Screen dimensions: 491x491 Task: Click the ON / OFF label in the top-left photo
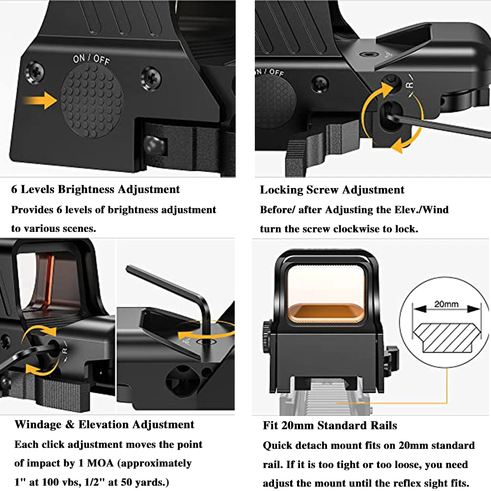coord(91,59)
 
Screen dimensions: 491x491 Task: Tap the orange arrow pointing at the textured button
coord(40,101)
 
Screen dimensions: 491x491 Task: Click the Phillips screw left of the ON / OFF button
coord(34,73)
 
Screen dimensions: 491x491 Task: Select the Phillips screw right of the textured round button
coord(151,79)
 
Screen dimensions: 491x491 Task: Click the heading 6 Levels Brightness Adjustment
coord(96,190)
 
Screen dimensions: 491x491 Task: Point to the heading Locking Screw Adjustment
coord(332,190)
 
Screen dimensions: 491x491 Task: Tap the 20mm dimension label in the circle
coord(446,304)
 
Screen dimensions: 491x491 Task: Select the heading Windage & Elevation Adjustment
coord(104,425)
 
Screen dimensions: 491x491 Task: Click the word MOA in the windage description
coord(100,463)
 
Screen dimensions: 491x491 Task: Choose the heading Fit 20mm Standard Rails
coord(330,426)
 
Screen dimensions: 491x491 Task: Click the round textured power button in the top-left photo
coord(91,101)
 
